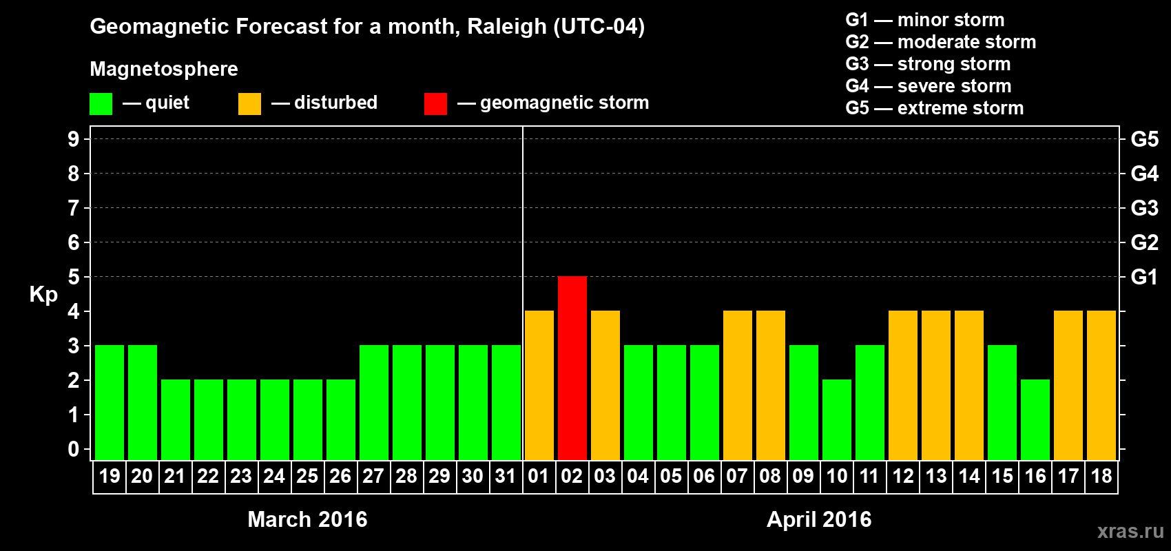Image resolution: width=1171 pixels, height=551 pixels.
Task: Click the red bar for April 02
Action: point(572,368)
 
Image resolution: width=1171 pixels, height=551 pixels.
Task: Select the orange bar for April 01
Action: point(539,385)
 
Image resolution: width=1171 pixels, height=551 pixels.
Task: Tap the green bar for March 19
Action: point(110,402)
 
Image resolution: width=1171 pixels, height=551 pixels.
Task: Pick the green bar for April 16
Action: point(1035,419)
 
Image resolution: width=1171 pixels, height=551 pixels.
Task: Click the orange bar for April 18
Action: point(1101,385)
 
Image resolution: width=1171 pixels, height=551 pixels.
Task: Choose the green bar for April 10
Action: point(837,419)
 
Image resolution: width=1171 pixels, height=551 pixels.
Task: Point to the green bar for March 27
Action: point(374,402)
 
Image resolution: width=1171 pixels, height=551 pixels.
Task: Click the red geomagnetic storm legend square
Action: point(435,104)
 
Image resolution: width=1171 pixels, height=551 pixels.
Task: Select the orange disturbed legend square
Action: point(249,104)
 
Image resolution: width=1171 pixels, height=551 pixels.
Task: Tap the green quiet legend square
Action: point(101,104)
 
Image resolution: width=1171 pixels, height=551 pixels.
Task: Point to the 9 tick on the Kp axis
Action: point(74,139)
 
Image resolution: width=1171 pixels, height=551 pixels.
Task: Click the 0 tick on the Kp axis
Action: point(74,450)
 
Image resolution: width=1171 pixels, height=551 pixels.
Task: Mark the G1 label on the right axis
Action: point(1144,277)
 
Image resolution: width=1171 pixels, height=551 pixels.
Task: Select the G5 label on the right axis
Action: point(1144,139)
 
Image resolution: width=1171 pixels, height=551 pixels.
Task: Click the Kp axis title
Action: point(43,295)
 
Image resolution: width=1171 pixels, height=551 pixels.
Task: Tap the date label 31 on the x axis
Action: point(506,476)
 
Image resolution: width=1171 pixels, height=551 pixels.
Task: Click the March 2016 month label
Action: point(307,519)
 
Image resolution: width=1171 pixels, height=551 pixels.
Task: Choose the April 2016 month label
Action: point(819,519)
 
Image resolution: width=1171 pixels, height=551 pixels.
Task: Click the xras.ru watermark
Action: point(1130,531)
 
